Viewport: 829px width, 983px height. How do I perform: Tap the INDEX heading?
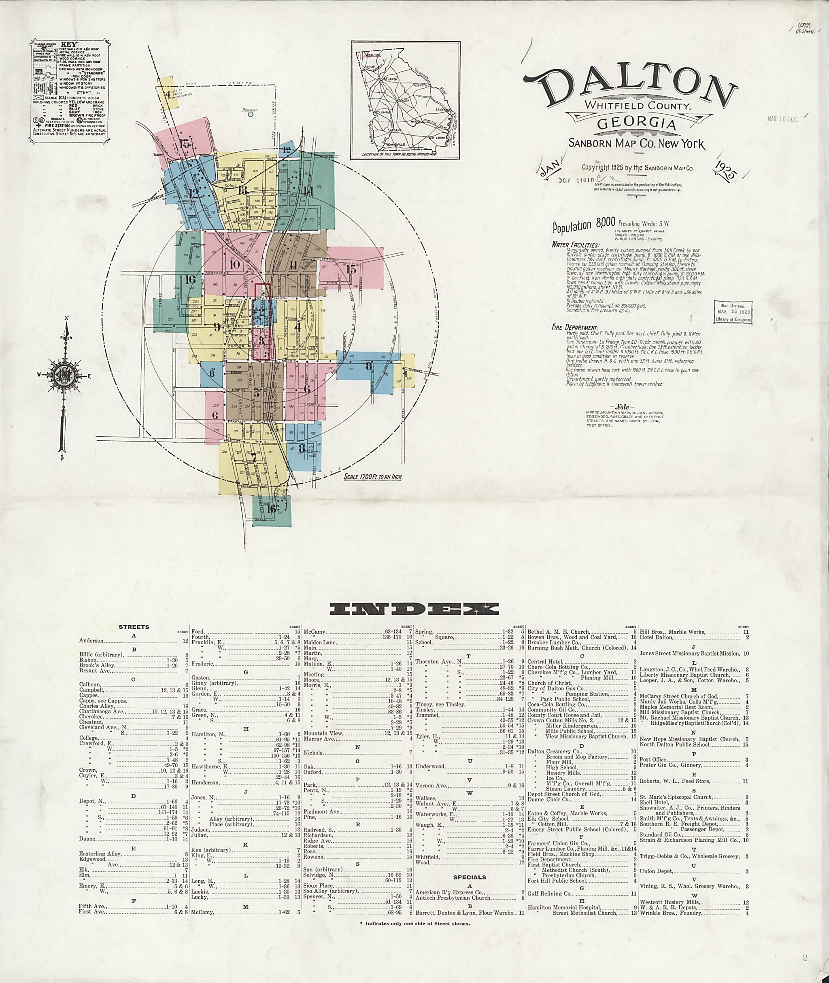click(414, 609)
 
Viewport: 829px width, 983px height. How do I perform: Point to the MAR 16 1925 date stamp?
click(783, 119)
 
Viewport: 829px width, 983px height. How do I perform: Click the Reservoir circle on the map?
click(251, 113)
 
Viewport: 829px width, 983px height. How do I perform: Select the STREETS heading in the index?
click(134, 627)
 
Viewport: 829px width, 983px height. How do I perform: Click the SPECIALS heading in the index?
click(470, 877)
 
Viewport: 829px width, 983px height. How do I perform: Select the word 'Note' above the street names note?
click(621, 407)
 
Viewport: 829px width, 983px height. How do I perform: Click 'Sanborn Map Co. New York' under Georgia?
click(636, 144)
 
